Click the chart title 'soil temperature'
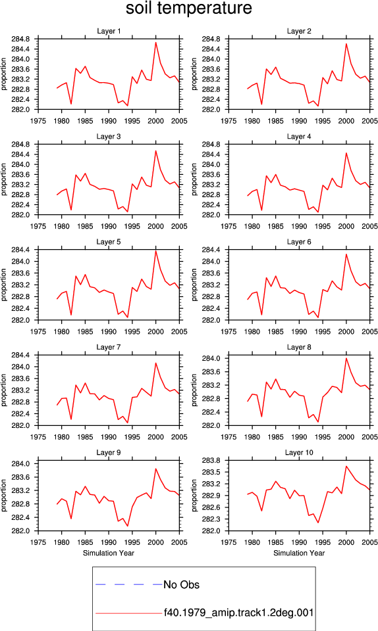188,8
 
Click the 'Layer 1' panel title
109,31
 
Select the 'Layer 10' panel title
299,452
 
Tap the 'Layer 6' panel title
299,241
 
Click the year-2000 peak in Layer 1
155,43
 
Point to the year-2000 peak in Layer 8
346,358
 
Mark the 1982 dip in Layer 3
71,210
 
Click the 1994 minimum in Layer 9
127,526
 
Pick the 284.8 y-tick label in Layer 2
211,39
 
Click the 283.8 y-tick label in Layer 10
211,460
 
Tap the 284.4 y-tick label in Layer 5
21,250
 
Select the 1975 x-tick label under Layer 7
38,437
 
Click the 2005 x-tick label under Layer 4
369,226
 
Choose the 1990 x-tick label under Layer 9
109,542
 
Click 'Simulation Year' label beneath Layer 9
109,553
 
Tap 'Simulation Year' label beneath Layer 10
299,553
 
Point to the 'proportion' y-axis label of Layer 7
4,390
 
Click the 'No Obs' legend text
181,585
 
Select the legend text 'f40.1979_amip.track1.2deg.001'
238,613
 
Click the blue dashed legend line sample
129,584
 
